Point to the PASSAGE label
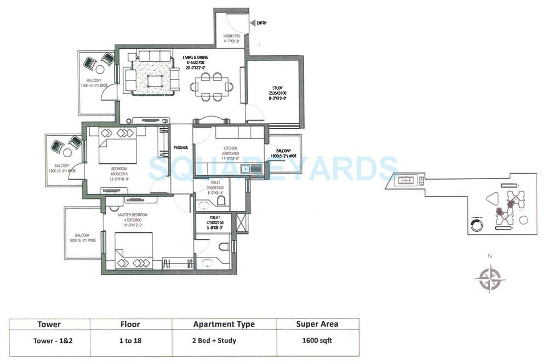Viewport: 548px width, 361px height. pyautogui.click(x=181, y=147)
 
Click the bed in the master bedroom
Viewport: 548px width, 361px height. pyautogui.click(x=134, y=250)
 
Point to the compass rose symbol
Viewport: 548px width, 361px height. pyautogui.click(x=489, y=278)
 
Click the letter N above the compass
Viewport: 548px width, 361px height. pyautogui.click(x=490, y=256)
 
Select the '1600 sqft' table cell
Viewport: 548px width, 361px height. pyautogui.click(x=317, y=340)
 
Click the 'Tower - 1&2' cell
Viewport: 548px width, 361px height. pyautogui.click(x=49, y=340)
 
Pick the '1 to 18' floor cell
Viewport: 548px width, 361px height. pyautogui.click(x=130, y=340)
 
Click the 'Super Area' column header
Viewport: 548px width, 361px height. pyautogui.click(x=317, y=324)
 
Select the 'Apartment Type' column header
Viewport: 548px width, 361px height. pyautogui.click(x=224, y=324)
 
